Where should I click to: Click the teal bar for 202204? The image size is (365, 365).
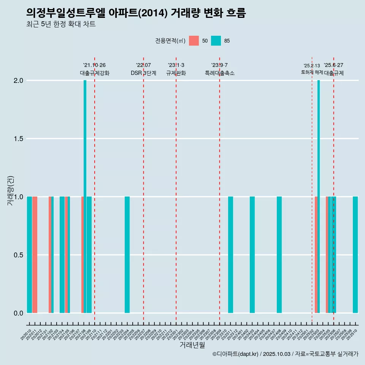pyautogui.click(x=127, y=255)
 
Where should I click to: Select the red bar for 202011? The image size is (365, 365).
pyautogui.click(x=35, y=255)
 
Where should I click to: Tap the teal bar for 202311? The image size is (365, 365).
pyautogui.click(x=230, y=255)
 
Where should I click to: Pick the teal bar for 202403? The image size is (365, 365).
pyautogui.click(x=252, y=255)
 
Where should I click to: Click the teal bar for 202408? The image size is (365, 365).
pyautogui.click(x=279, y=255)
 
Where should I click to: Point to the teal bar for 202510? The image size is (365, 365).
pyautogui.click(x=355, y=255)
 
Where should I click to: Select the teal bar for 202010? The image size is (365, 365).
pyautogui.click(x=29, y=255)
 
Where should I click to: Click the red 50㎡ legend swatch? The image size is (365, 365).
pyautogui.click(x=194, y=41)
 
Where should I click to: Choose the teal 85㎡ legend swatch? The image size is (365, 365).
pyautogui.click(x=216, y=41)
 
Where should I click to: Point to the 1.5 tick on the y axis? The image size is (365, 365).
pyautogui.click(x=18, y=139)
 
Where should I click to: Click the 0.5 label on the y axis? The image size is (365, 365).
pyautogui.click(x=18, y=255)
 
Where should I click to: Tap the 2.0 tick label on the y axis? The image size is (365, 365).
pyautogui.click(x=18, y=81)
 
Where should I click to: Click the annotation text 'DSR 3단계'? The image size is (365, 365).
pyautogui.click(x=143, y=73)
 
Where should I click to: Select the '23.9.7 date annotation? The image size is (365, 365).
pyautogui.click(x=219, y=65)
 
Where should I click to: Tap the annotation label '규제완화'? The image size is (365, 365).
pyautogui.click(x=176, y=73)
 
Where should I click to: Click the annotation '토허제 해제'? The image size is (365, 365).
pyautogui.click(x=312, y=72)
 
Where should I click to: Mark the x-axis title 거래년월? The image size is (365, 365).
pyautogui.click(x=192, y=345)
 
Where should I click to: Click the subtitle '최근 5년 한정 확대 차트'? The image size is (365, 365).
pyautogui.click(x=61, y=24)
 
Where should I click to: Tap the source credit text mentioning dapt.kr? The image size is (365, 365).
pyautogui.click(x=285, y=354)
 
